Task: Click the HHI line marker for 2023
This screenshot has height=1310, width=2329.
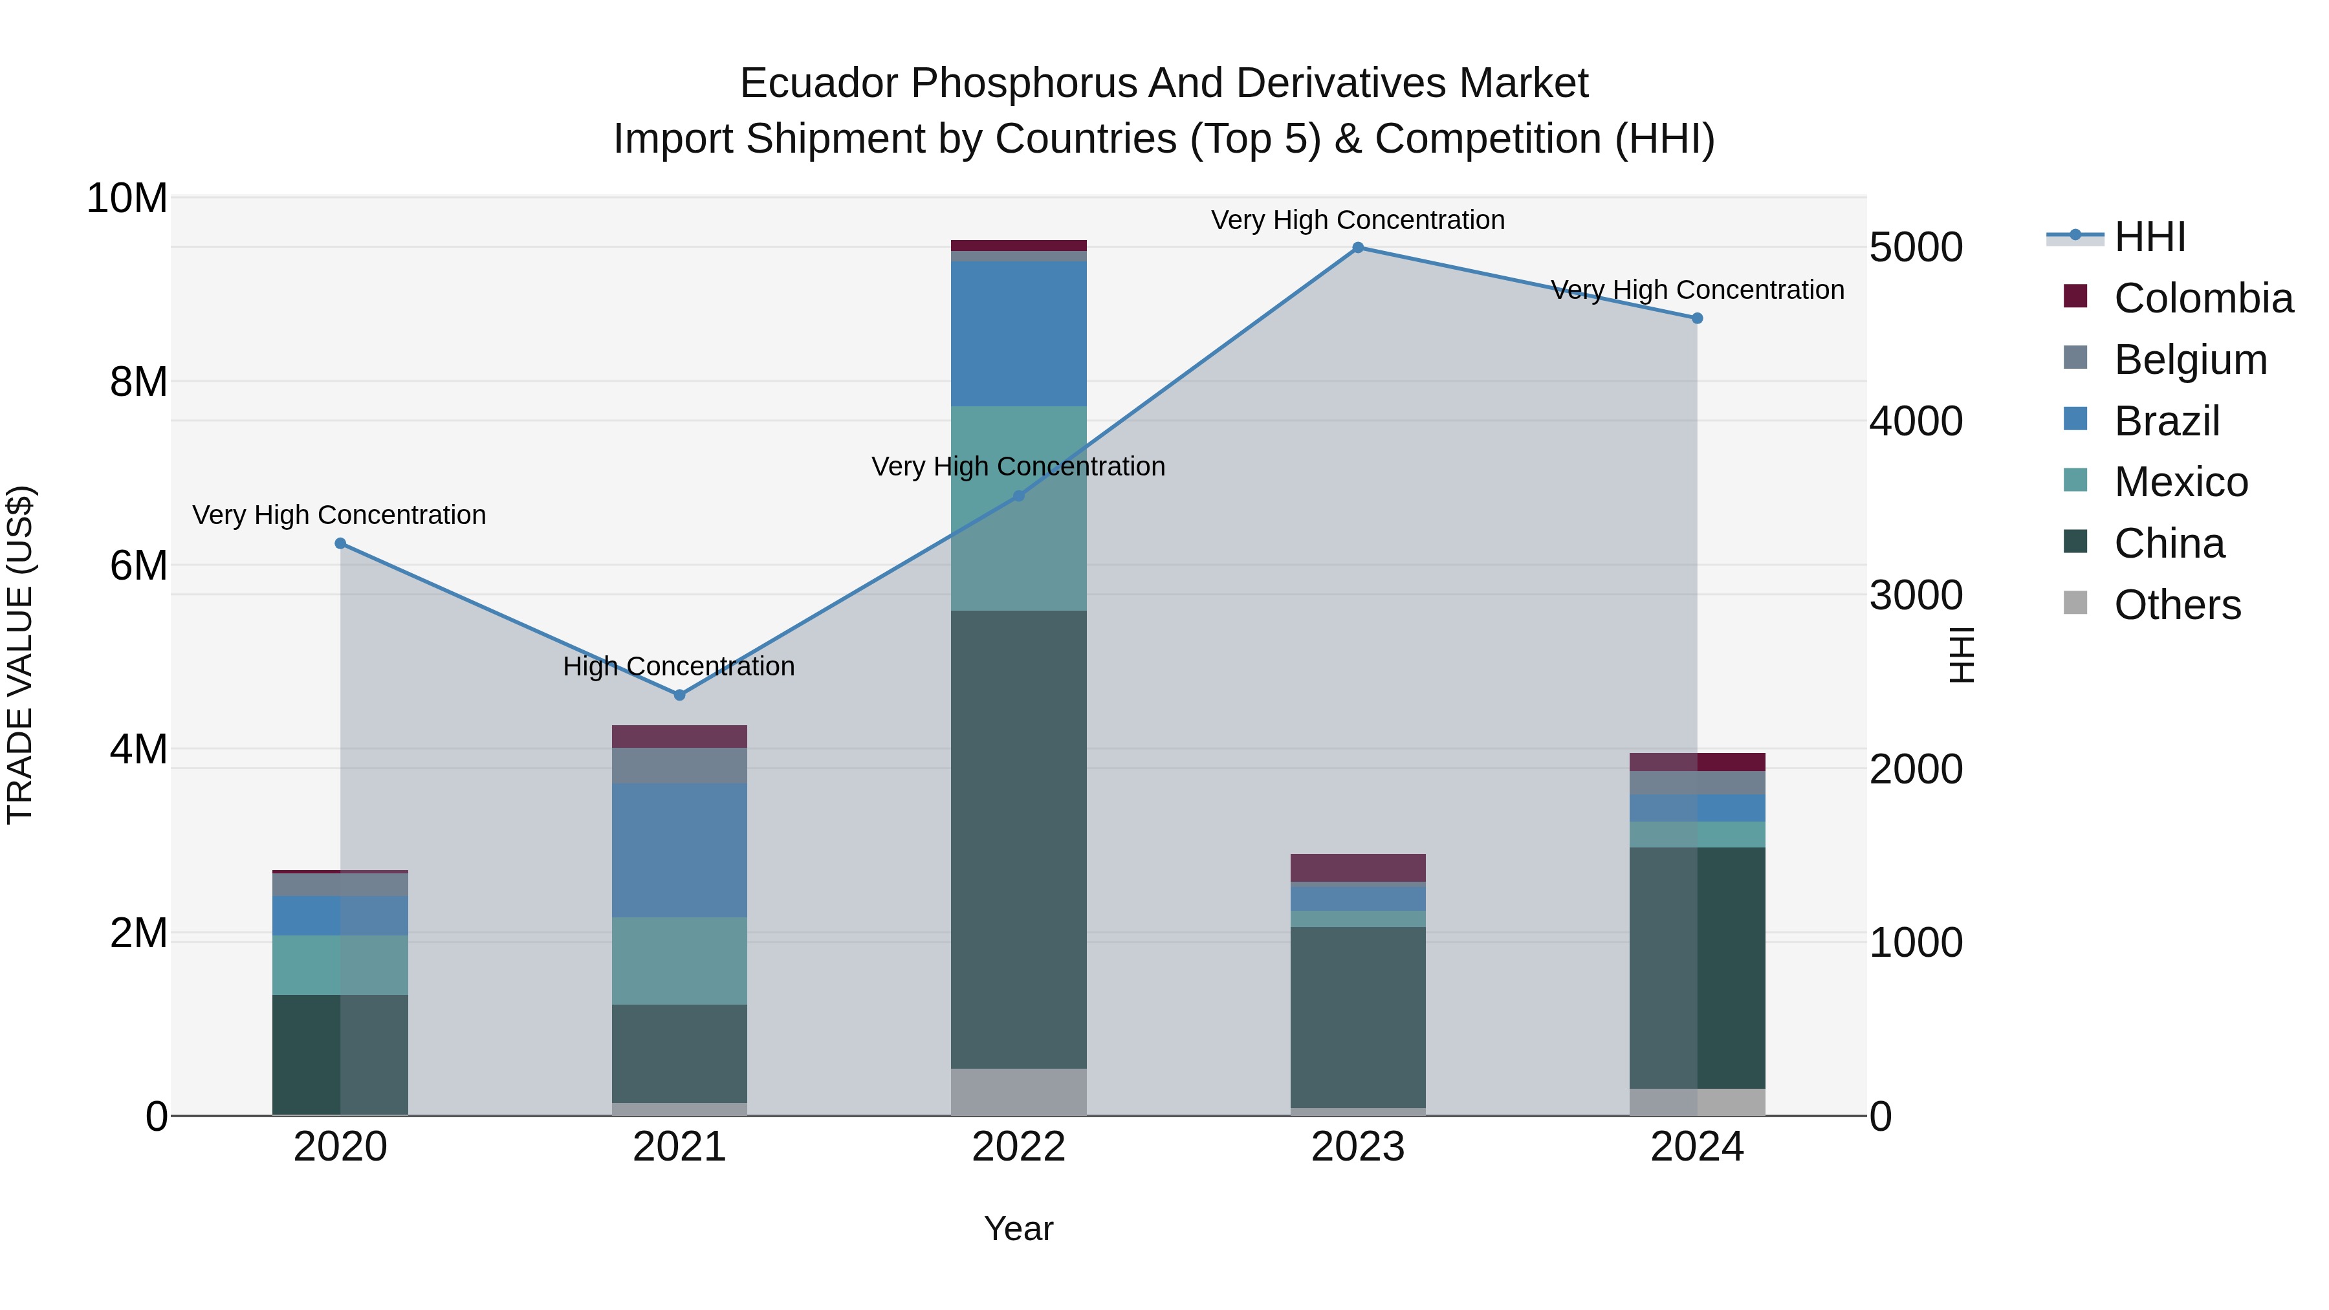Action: click(x=1357, y=248)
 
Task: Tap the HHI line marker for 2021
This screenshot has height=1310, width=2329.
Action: click(x=680, y=695)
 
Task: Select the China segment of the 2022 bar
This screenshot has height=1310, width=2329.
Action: click(x=1018, y=839)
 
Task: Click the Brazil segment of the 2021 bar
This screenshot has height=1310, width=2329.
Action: click(x=679, y=850)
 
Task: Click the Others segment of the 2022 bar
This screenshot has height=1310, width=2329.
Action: click(x=1018, y=1091)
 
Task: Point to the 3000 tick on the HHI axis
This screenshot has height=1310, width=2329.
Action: click(x=1915, y=595)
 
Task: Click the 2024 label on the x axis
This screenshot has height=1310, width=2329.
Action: click(x=1696, y=1147)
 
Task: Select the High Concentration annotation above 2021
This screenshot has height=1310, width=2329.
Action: click(x=679, y=666)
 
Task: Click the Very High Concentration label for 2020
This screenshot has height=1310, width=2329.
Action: click(x=339, y=516)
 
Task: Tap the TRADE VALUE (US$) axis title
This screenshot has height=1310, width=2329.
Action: click(x=20, y=655)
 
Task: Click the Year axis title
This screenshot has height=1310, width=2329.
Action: click(x=1018, y=1228)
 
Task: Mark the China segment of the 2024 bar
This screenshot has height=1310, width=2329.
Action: click(x=1696, y=967)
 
